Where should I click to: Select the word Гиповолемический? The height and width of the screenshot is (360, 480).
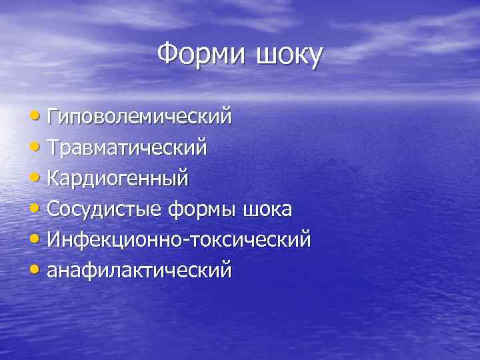(x=140, y=117)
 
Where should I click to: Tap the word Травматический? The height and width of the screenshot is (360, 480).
(x=127, y=148)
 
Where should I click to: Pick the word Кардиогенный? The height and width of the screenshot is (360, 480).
(x=118, y=179)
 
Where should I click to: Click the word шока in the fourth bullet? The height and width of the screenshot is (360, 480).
(x=267, y=209)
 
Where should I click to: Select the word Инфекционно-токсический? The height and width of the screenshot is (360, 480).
(x=179, y=239)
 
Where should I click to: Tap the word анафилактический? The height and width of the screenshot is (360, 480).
(x=139, y=270)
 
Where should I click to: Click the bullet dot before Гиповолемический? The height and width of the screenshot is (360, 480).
(x=37, y=118)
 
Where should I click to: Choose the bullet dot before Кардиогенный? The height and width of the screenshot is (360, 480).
(x=37, y=179)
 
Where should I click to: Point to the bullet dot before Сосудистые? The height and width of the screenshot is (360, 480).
(x=37, y=210)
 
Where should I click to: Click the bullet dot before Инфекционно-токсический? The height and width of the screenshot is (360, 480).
(x=37, y=240)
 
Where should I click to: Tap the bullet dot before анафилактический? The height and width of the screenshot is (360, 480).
(x=37, y=271)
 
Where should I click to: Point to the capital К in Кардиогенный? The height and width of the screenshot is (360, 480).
(x=53, y=178)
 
